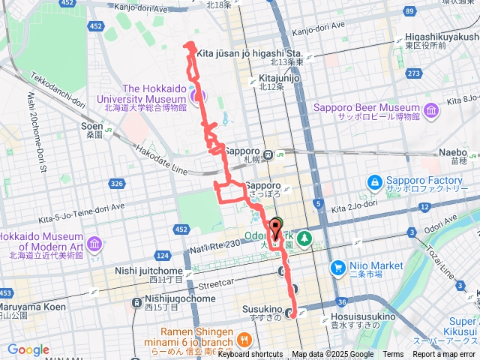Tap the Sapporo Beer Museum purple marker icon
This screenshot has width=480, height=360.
431,112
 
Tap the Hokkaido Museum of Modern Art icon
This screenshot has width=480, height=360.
94,244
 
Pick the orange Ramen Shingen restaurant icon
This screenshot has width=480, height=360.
243,341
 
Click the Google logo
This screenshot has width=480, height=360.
28,349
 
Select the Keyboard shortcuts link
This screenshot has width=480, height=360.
250,355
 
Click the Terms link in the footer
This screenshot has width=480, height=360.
393,355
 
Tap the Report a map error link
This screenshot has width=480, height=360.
444,355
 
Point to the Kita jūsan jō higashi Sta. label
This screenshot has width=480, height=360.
250,54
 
